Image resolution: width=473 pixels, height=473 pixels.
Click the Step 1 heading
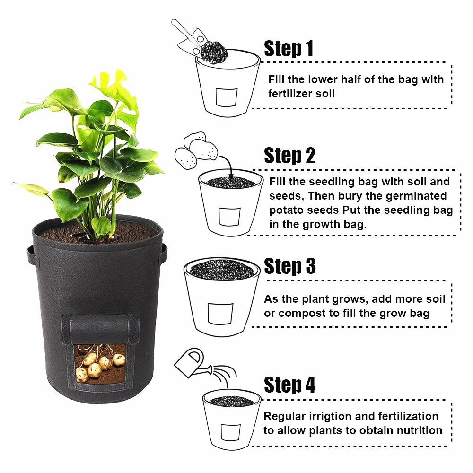[289, 49]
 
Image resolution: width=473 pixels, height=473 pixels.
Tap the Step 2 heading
[289, 156]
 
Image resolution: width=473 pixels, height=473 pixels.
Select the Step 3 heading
[290, 266]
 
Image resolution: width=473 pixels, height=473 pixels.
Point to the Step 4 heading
[289, 385]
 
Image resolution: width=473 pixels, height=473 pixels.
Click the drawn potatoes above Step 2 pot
[196, 150]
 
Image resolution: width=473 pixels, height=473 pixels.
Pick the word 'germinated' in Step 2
[416, 196]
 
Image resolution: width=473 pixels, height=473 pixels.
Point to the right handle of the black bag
[164, 253]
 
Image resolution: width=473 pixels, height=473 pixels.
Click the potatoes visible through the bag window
[99, 365]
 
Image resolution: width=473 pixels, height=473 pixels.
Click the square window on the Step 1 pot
[227, 97]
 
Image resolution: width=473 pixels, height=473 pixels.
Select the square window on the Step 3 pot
[220, 314]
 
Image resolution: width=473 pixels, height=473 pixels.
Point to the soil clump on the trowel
[214, 52]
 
